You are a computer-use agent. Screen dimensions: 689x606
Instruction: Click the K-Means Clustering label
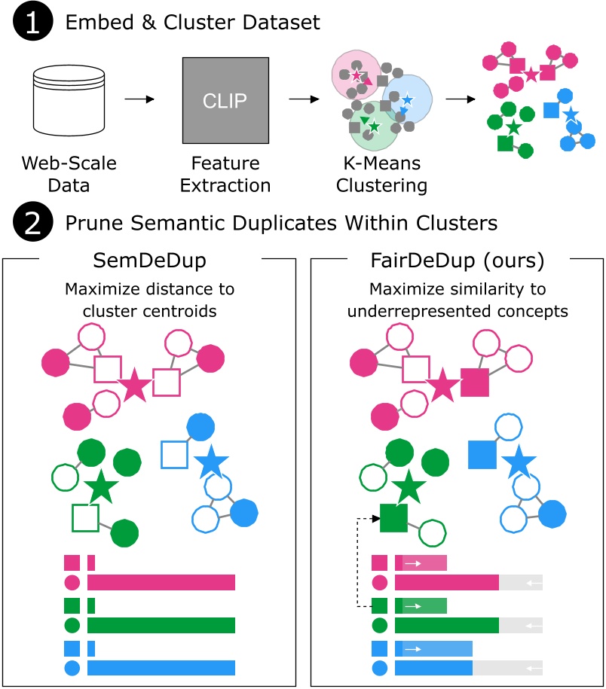pyautogui.click(x=383, y=174)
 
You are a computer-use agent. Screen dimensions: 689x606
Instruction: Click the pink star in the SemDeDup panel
pyautogui.click(x=136, y=386)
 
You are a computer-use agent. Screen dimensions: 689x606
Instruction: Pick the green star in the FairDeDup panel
pyautogui.click(x=408, y=486)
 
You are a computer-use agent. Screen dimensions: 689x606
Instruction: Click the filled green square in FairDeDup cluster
pyautogui.click(x=393, y=518)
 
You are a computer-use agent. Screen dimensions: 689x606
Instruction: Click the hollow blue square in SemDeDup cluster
pyautogui.click(x=175, y=454)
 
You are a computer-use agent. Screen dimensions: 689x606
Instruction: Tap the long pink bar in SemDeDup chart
pyautogui.click(x=161, y=581)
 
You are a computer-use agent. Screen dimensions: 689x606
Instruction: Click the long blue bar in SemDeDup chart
pyautogui.click(x=161, y=667)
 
